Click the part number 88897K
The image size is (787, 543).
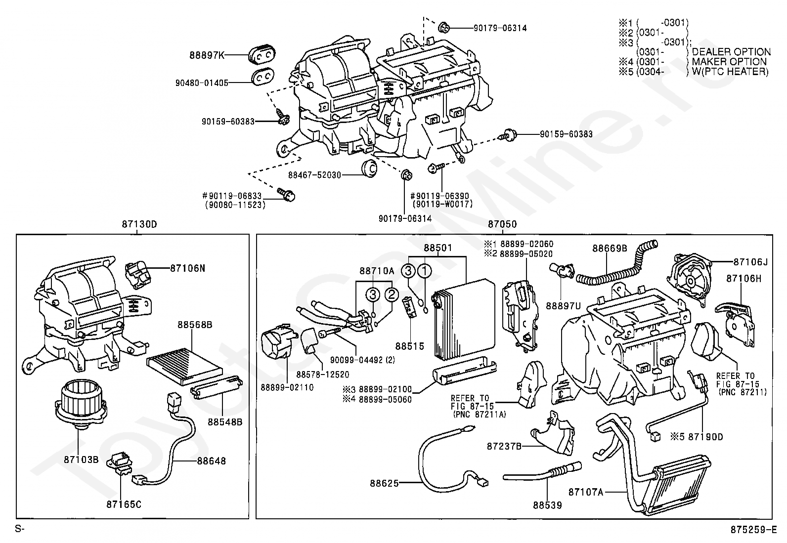[207, 55]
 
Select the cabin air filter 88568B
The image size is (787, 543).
[185, 366]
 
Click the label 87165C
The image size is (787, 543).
[124, 504]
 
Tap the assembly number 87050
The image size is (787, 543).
[502, 224]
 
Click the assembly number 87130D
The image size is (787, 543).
[139, 224]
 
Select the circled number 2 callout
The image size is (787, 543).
[392, 294]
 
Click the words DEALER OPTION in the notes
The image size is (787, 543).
[731, 52]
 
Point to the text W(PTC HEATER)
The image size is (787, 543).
[730, 72]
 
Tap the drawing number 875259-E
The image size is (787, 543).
[754, 530]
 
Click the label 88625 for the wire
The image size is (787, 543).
[385, 484]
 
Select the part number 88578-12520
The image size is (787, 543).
[322, 375]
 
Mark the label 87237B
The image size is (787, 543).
[504, 447]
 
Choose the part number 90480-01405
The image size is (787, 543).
[202, 83]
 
